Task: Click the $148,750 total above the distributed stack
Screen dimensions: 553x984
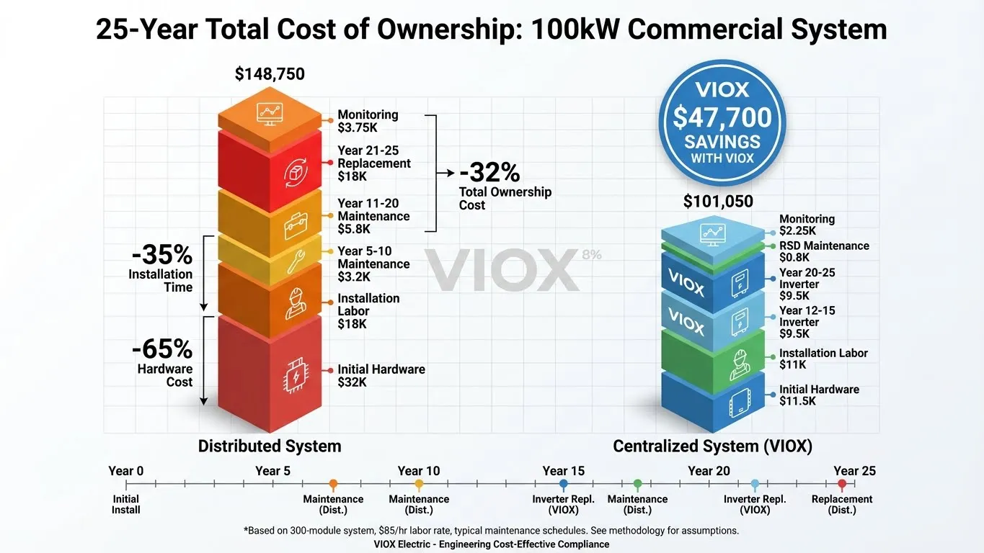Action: (x=270, y=74)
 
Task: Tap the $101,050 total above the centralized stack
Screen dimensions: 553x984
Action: (x=718, y=202)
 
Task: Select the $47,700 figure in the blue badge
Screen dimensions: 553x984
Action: (x=722, y=117)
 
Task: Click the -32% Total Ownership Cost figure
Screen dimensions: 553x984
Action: (x=489, y=173)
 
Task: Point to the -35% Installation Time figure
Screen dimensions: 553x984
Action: (x=161, y=255)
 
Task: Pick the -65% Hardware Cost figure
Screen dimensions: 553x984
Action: (x=161, y=349)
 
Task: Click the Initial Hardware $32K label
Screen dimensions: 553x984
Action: (x=381, y=375)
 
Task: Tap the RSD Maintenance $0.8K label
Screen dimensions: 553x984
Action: (x=823, y=251)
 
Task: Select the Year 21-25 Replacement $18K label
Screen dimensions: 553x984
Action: (x=373, y=163)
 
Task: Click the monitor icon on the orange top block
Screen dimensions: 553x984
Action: (x=270, y=112)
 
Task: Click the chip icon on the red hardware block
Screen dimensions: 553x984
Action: (x=295, y=374)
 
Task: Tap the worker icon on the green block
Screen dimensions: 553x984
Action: (x=740, y=363)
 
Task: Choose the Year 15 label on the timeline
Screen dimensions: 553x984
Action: (x=564, y=471)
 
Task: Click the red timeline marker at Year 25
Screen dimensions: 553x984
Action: (x=842, y=485)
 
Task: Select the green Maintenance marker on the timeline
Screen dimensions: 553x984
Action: (x=637, y=485)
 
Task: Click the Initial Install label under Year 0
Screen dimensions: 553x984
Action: (x=126, y=504)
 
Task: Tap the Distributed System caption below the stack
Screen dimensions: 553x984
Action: (x=270, y=446)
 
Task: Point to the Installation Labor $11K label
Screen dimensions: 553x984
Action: (x=823, y=359)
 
